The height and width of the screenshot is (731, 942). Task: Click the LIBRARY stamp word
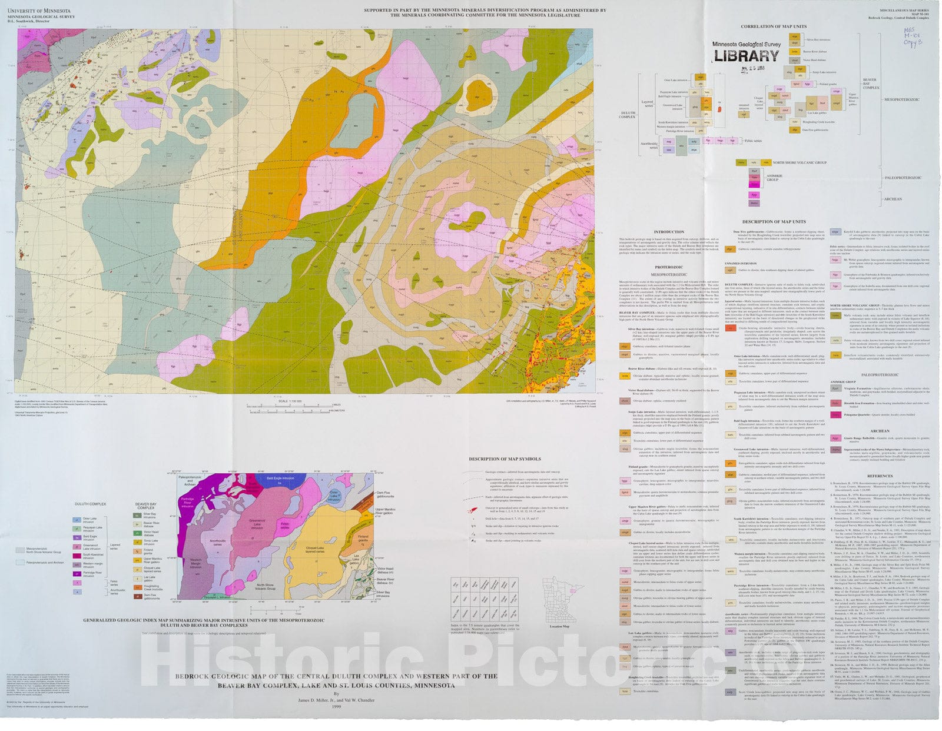tap(747, 56)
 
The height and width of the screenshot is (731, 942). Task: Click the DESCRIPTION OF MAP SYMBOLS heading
tap(505, 458)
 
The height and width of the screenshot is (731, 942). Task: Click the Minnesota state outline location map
tap(559, 600)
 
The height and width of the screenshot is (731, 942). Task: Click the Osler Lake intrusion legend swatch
tap(77, 520)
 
